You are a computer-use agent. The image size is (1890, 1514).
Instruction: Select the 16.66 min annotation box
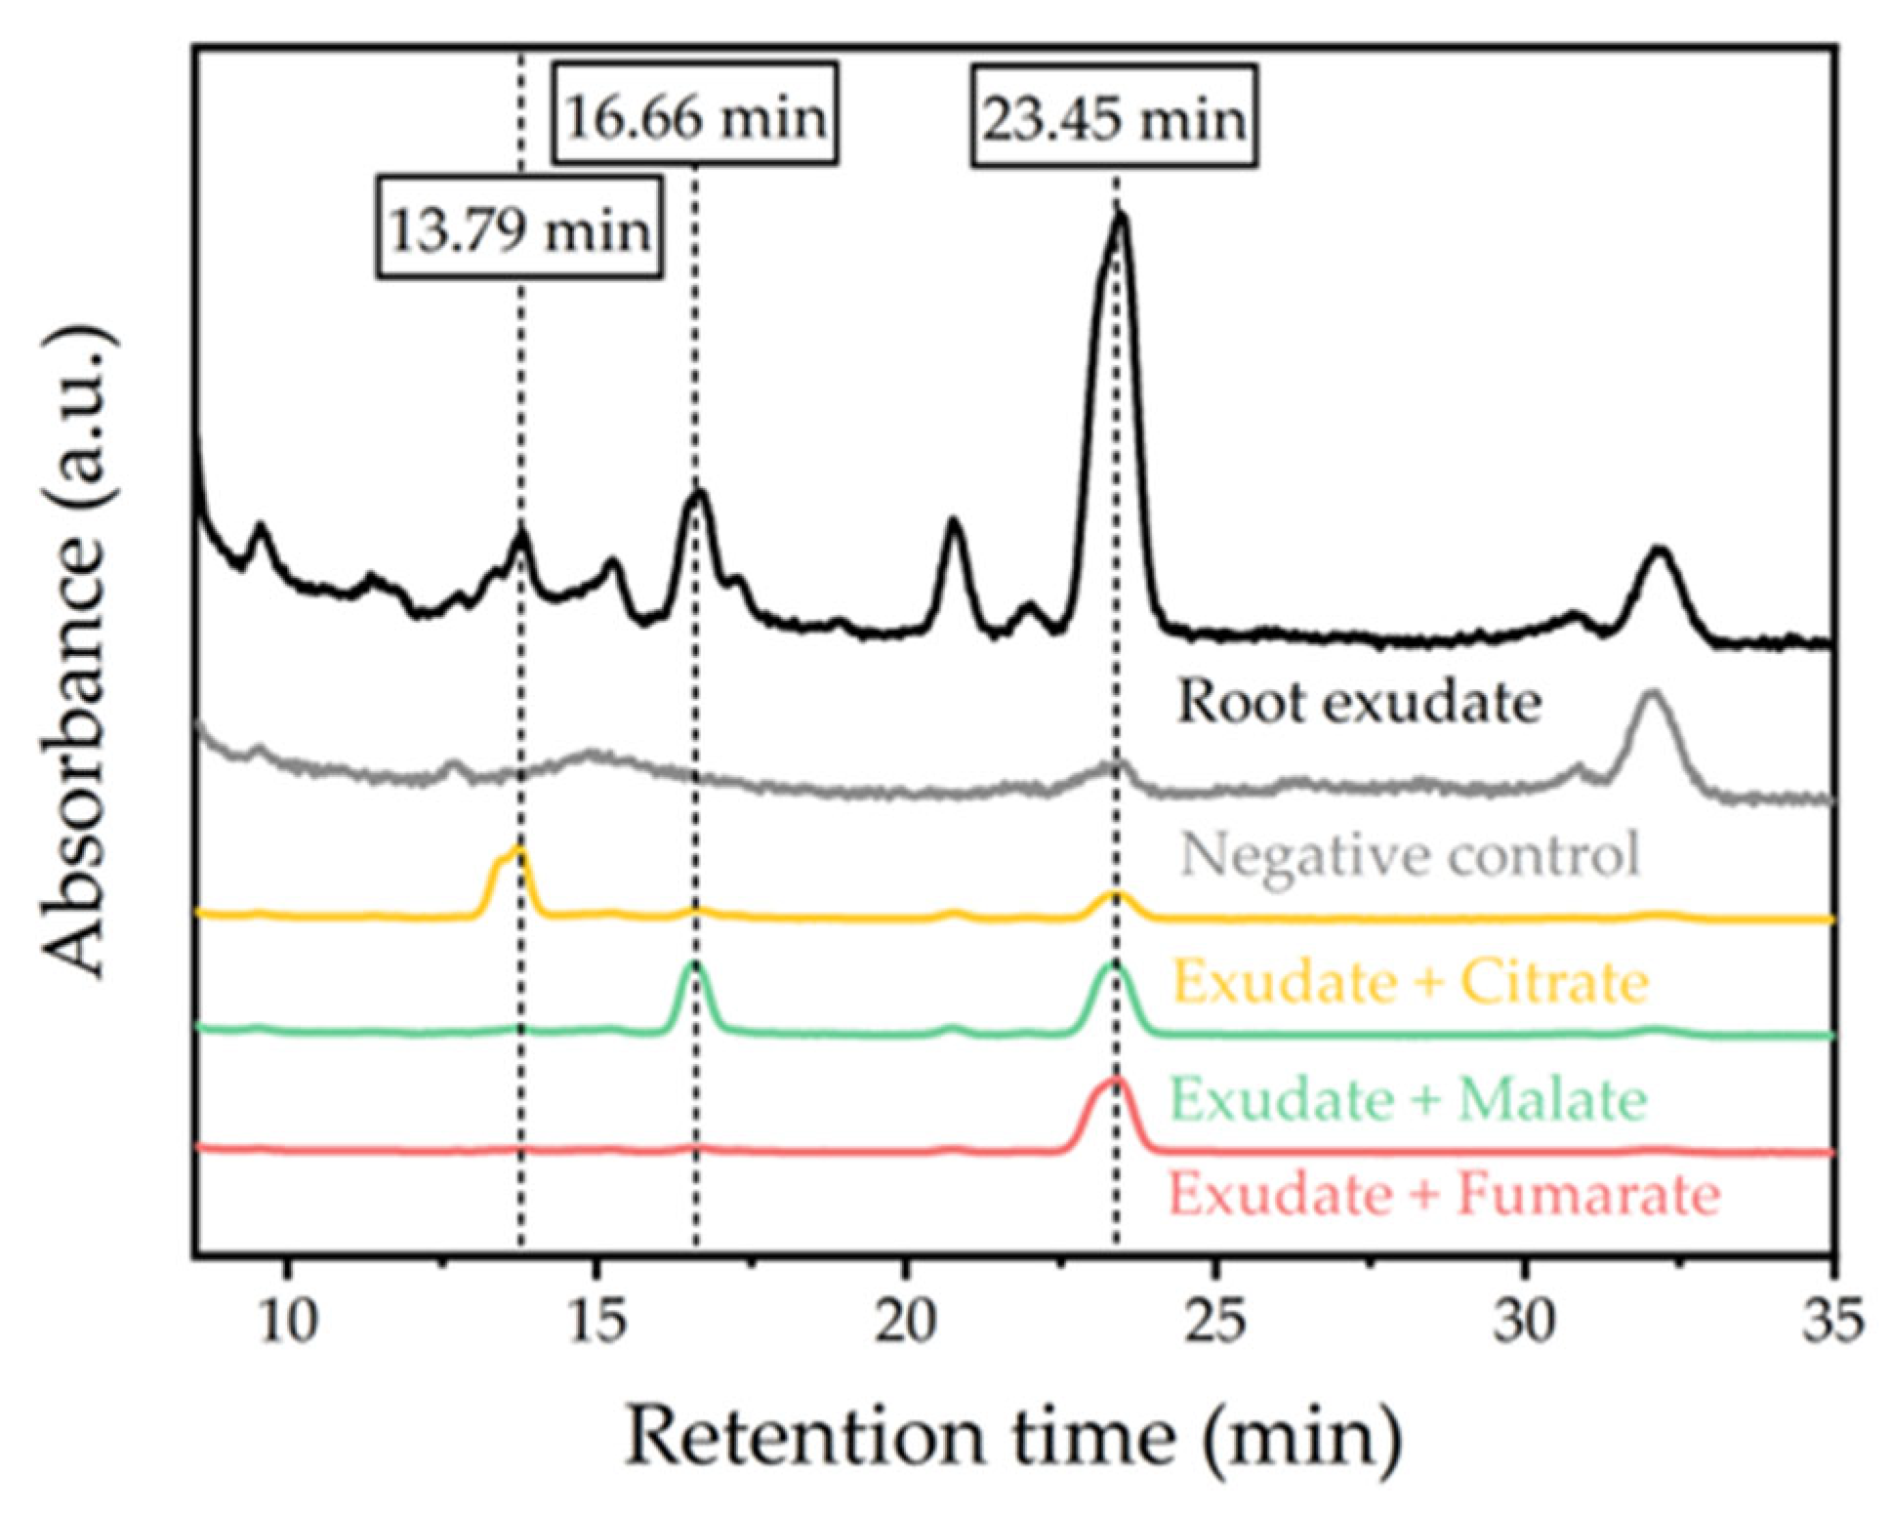pos(695,115)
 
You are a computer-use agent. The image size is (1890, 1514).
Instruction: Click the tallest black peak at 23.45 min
pos(1119,223)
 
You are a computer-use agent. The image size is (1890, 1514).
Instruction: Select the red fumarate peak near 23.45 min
pos(1116,1084)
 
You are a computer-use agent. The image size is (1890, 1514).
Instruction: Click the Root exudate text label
pos(1358,702)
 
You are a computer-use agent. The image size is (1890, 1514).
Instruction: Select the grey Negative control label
pos(1410,856)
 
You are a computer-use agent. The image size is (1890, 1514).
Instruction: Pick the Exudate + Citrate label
pos(1410,982)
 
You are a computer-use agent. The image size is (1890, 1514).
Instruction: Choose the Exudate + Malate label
pos(1408,1099)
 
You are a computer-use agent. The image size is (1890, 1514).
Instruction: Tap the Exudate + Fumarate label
pos(1444,1195)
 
